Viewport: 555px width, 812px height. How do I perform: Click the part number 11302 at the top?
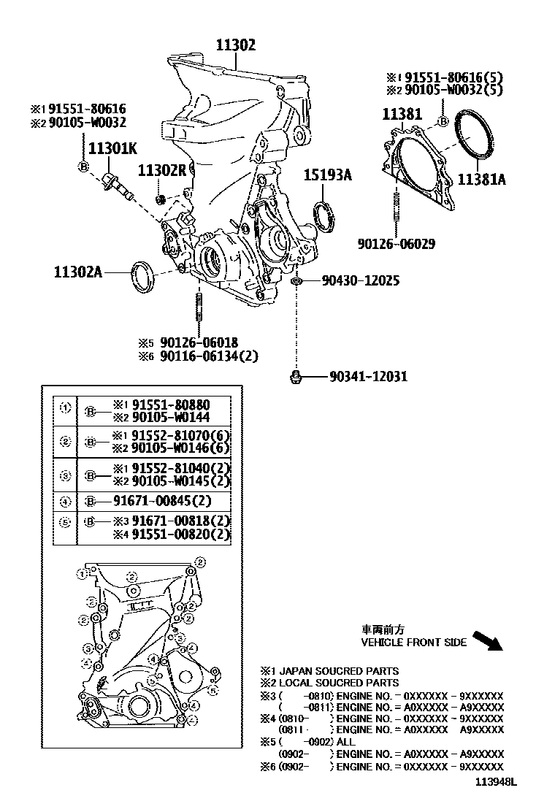point(235,45)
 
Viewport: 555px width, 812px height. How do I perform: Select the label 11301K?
point(112,149)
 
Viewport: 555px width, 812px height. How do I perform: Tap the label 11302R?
point(163,170)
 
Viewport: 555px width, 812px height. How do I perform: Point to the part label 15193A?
point(328,175)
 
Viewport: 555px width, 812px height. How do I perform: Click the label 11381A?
point(481,179)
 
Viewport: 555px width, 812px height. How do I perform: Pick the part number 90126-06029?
point(397,244)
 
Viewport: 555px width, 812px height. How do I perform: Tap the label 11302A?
point(77,272)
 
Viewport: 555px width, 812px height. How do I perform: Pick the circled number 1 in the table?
point(65,407)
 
